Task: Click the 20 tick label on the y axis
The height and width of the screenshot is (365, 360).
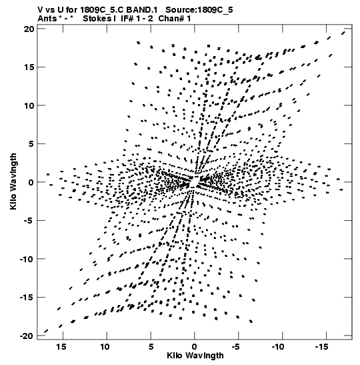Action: tap(29, 29)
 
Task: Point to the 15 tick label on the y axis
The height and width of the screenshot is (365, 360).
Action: tap(29, 67)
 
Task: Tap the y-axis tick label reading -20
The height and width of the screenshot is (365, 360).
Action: tap(27, 336)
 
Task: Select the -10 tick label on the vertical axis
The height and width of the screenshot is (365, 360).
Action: tap(27, 259)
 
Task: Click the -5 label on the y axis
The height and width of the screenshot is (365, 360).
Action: tap(29, 220)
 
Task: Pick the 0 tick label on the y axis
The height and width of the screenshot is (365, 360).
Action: tap(31, 182)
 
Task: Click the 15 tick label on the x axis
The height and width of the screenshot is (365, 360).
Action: tap(61, 347)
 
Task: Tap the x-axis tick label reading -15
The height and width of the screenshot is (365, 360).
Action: tap(322, 347)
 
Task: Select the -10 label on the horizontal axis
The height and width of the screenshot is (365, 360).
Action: tap(278, 347)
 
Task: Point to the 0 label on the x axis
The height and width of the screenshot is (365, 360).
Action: tap(195, 347)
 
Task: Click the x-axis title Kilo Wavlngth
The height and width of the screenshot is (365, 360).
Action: tap(195, 356)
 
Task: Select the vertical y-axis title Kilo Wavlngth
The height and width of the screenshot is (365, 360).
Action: tap(13, 181)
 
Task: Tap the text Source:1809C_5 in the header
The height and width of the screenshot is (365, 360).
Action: tap(199, 10)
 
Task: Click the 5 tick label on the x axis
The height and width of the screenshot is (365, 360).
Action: tap(151, 347)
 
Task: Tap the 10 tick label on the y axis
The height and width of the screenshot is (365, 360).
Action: tap(29, 105)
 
